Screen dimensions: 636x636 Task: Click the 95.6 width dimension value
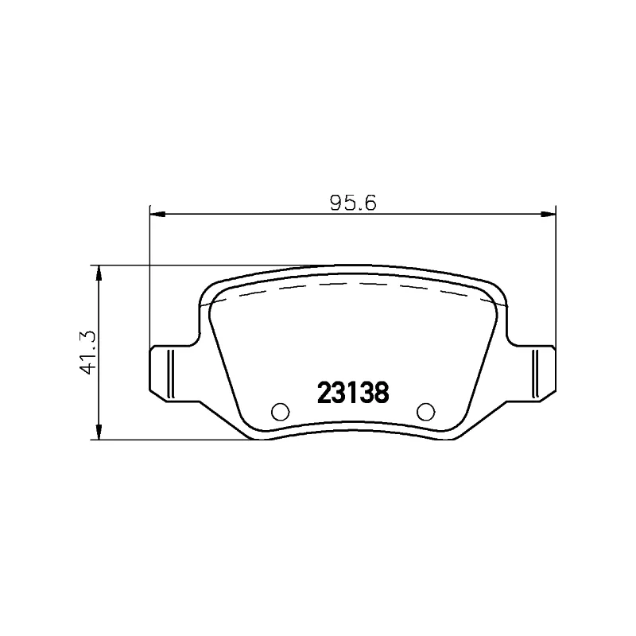pyautogui.click(x=353, y=203)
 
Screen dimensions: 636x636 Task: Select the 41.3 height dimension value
pyautogui.click(x=88, y=352)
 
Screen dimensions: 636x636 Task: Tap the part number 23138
pyautogui.click(x=353, y=393)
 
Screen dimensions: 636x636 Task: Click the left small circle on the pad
pyautogui.click(x=281, y=412)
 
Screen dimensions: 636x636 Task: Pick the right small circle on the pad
pyautogui.click(x=425, y=412)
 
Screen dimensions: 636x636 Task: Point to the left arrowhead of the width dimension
pyautogui.click(x=157, y=214)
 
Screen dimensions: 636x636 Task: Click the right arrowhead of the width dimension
pyautogui.click(x=548, y=214)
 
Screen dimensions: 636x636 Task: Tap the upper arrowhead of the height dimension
pyautogui.click(x=98, y=273)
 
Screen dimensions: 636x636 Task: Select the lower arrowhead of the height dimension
pyautogui.click(x=98, y=432)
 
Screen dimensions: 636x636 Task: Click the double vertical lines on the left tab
pyautogui.click(x=171, y=373)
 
